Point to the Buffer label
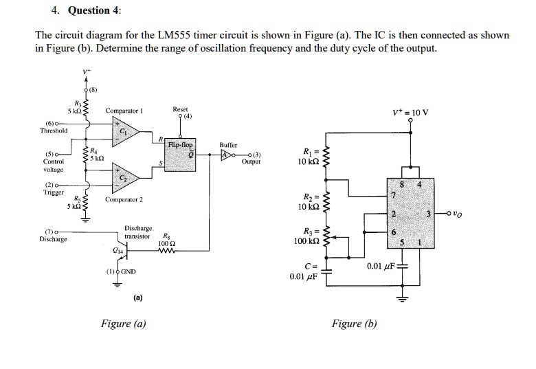[228, 146]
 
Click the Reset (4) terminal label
[180, 112]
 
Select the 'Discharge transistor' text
[137, 232]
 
